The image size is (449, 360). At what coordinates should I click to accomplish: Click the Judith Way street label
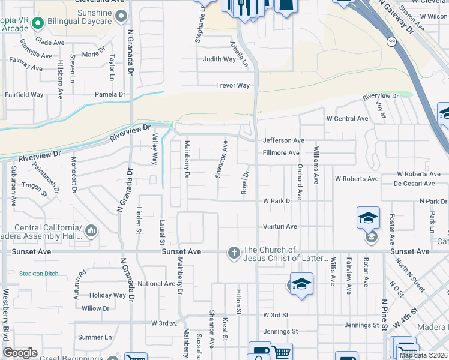(219, 59)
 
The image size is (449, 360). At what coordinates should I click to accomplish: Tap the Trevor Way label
(233, 86)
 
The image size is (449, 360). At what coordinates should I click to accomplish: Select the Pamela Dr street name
(110, 95)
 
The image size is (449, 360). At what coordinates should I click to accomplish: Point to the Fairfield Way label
(24, 95)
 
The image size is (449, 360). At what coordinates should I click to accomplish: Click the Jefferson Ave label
(283, 140)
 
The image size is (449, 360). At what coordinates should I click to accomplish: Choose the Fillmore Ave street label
(281, 153)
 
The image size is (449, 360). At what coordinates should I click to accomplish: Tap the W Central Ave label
(347, 119)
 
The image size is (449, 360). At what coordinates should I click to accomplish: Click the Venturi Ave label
(280, 227)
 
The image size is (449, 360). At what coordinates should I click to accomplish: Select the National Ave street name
(156, 284)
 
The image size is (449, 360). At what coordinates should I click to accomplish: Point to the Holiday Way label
(107, 295)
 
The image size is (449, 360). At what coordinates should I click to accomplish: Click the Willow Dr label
(96, 308)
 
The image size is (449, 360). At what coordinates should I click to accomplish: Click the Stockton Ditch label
(38, 274)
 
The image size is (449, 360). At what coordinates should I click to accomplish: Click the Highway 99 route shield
(391, 41)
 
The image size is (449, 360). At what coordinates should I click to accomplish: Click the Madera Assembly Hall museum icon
(91, 230)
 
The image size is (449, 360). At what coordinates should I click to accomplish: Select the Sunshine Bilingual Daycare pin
(122, 16)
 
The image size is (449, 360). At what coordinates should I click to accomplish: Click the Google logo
(20, 353)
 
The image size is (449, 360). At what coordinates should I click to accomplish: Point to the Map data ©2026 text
(423, 355)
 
